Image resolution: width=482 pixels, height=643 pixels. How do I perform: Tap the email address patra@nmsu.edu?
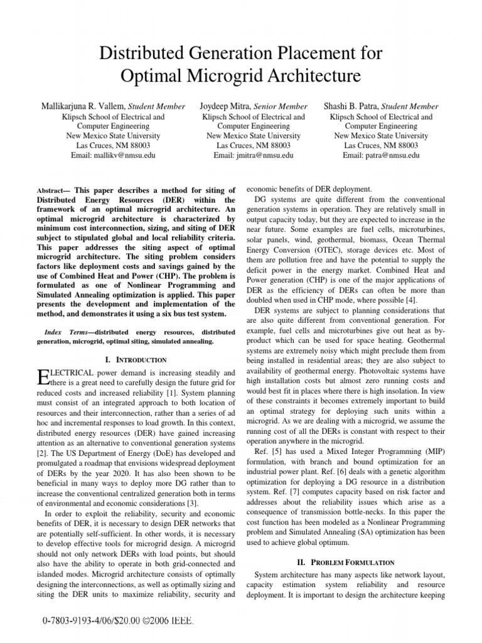381,155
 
